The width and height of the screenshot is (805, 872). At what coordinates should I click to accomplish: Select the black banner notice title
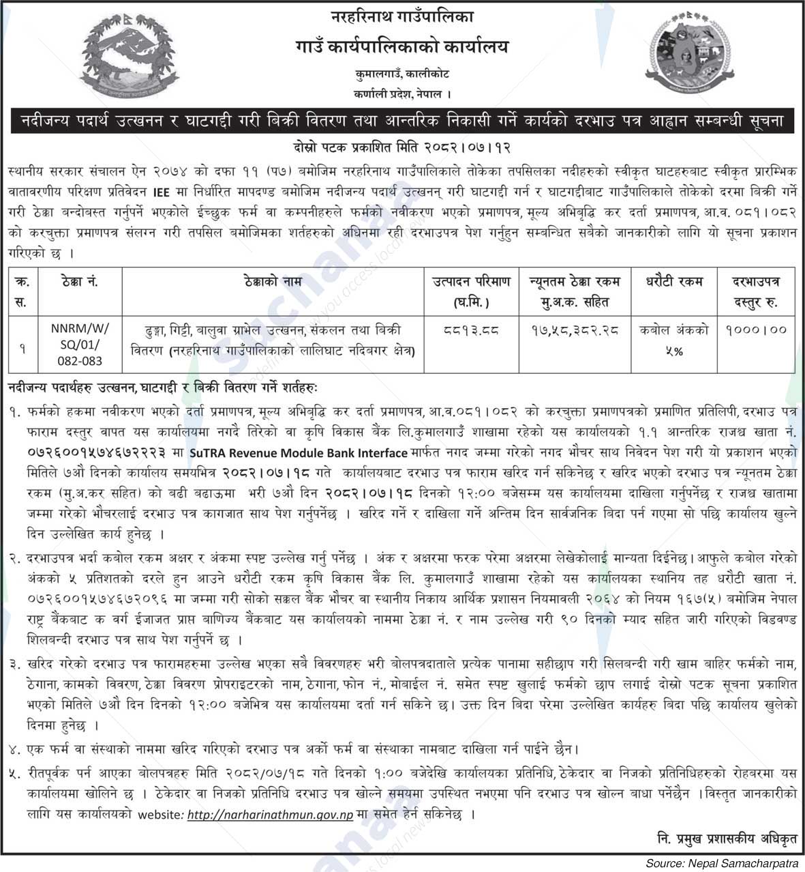point(402,121)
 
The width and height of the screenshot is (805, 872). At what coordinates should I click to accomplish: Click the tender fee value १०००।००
point(755,330)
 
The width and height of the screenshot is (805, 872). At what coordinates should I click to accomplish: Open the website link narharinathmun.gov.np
point(270,815)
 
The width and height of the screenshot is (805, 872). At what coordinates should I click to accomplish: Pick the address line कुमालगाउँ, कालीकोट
point(402,73)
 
